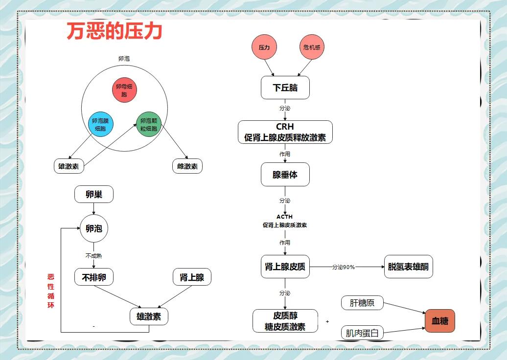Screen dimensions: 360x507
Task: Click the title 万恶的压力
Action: [115, 32]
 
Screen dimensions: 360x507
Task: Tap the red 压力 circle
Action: [264, 47]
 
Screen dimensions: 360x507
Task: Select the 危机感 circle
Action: [312, 47]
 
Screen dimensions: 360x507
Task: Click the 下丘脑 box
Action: [285, 88]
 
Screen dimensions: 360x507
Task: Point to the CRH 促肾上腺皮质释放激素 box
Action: [285, 132]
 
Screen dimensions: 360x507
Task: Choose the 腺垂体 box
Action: [285, 175]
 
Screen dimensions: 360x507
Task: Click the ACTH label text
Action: [285, 217]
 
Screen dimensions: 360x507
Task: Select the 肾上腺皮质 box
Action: [285, 267]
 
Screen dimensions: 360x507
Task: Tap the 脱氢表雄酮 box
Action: [408, 267]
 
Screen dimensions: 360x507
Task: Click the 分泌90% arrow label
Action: [343, 267]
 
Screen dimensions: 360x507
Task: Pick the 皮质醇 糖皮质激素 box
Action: [285, 321]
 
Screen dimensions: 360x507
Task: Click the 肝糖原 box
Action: [362, 303]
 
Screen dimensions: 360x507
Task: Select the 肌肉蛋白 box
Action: [362, 333]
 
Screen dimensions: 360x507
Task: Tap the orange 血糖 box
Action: [439, 321]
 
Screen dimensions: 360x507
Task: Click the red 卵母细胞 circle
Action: [124, 90]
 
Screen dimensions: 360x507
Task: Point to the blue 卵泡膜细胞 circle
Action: [101, 125]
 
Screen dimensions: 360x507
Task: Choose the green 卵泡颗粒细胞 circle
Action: [149, 125]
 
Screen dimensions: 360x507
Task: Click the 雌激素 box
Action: [187, 166]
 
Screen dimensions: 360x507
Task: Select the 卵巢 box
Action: [93, 194]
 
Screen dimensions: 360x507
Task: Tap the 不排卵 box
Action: [93, 277]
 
